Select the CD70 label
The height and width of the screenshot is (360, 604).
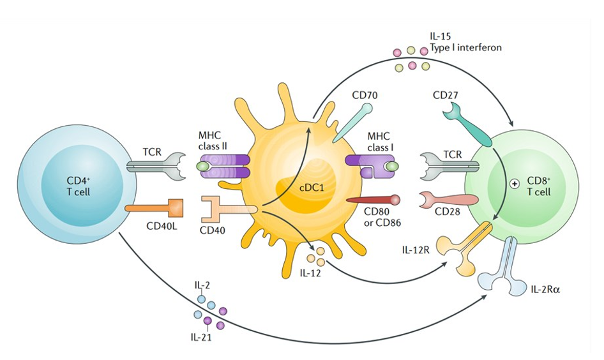click(x=365, y=96)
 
